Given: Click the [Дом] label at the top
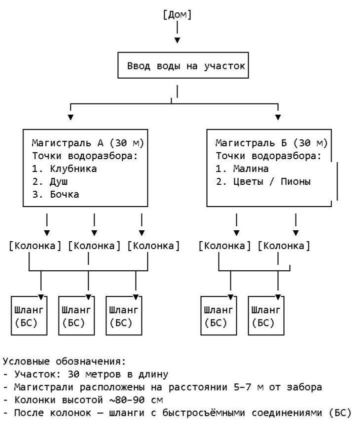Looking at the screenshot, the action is click(x=177, y=15).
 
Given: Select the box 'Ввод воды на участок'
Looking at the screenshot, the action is click(x=183, y=66).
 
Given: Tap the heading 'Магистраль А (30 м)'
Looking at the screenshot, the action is click(x=88, y=143).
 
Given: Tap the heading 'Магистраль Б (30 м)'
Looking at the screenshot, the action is click(x=271, y=143).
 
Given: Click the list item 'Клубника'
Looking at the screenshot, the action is click(x=73, y=169).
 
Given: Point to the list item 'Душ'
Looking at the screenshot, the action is click(x=58, y=182).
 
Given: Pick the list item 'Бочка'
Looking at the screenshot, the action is click(x=64, y=194).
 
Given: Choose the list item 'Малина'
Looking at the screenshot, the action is click(x=251, y=169).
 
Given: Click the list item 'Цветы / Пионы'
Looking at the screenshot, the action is click(x=272, y=182).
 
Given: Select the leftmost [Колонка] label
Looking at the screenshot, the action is click(x=35, y=246).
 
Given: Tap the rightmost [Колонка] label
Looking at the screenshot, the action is click(x=284, y=246).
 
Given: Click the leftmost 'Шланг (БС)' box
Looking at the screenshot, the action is click(x=29, y=316).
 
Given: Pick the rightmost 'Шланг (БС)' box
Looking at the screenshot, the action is click(x=266, y=316).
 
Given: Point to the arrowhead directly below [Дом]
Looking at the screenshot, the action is click(x=177, y=40).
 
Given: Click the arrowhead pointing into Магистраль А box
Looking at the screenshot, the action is click(x=70, y=117).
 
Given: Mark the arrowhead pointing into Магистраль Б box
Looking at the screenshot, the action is click(x=278, y=117).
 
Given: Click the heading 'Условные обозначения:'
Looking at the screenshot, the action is click(x=64, y=361).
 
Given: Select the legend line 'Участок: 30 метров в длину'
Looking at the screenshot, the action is click(x=91, y=374).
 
